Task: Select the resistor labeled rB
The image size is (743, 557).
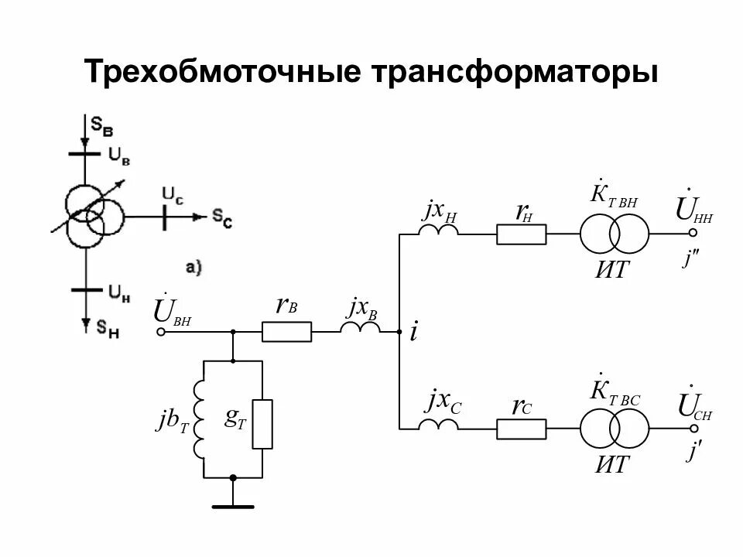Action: click(287, 332)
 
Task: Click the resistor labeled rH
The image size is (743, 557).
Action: click(521, 234)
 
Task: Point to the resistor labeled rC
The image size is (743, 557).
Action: click(521, 428)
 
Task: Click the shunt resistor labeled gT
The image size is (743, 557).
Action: click(263, 424)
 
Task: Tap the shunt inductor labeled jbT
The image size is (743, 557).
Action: click(202, 419)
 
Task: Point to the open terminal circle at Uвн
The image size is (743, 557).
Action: click(161, 332)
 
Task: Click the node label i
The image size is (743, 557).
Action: click(414, 333)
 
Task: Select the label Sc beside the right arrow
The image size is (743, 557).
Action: click(221, 220)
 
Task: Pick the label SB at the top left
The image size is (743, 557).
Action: click(101, 124)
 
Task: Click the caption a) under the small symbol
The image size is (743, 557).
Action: click(193, 268)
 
